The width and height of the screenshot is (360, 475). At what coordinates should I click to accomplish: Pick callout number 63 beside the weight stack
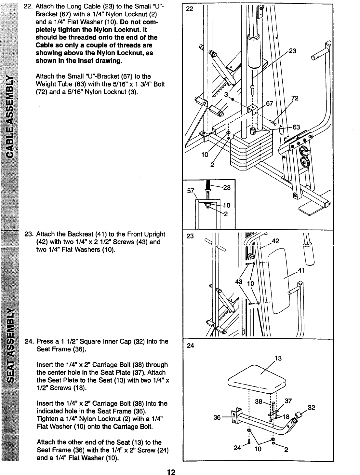(297, 127)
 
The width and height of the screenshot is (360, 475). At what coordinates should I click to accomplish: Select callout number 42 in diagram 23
(275, 241)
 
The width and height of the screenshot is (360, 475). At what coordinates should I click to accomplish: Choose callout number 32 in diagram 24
(312, 407)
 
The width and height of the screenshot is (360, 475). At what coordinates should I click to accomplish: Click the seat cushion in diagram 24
(257, 379)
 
